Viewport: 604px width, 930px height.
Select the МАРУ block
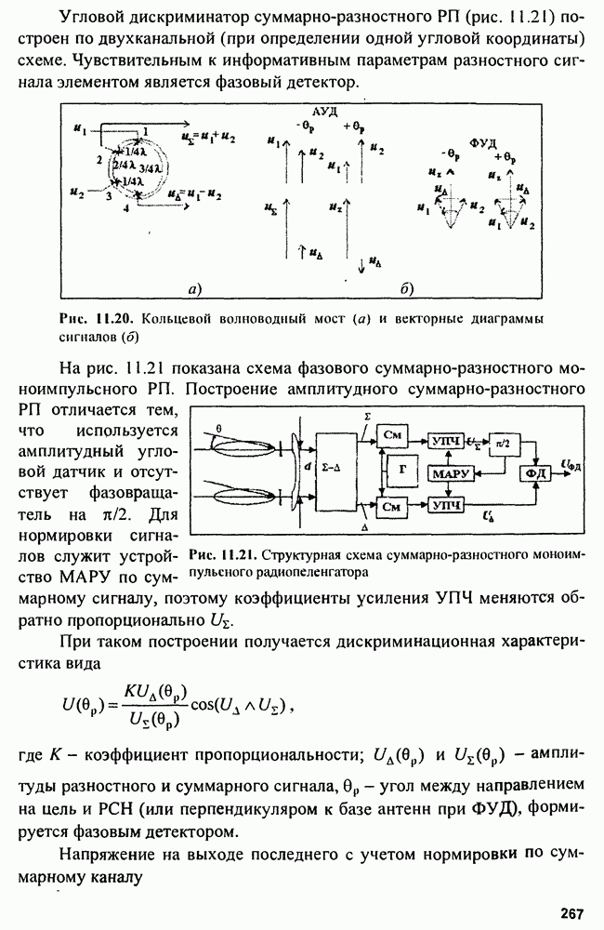coord(450,474)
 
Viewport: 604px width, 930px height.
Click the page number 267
coord(572,913)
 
